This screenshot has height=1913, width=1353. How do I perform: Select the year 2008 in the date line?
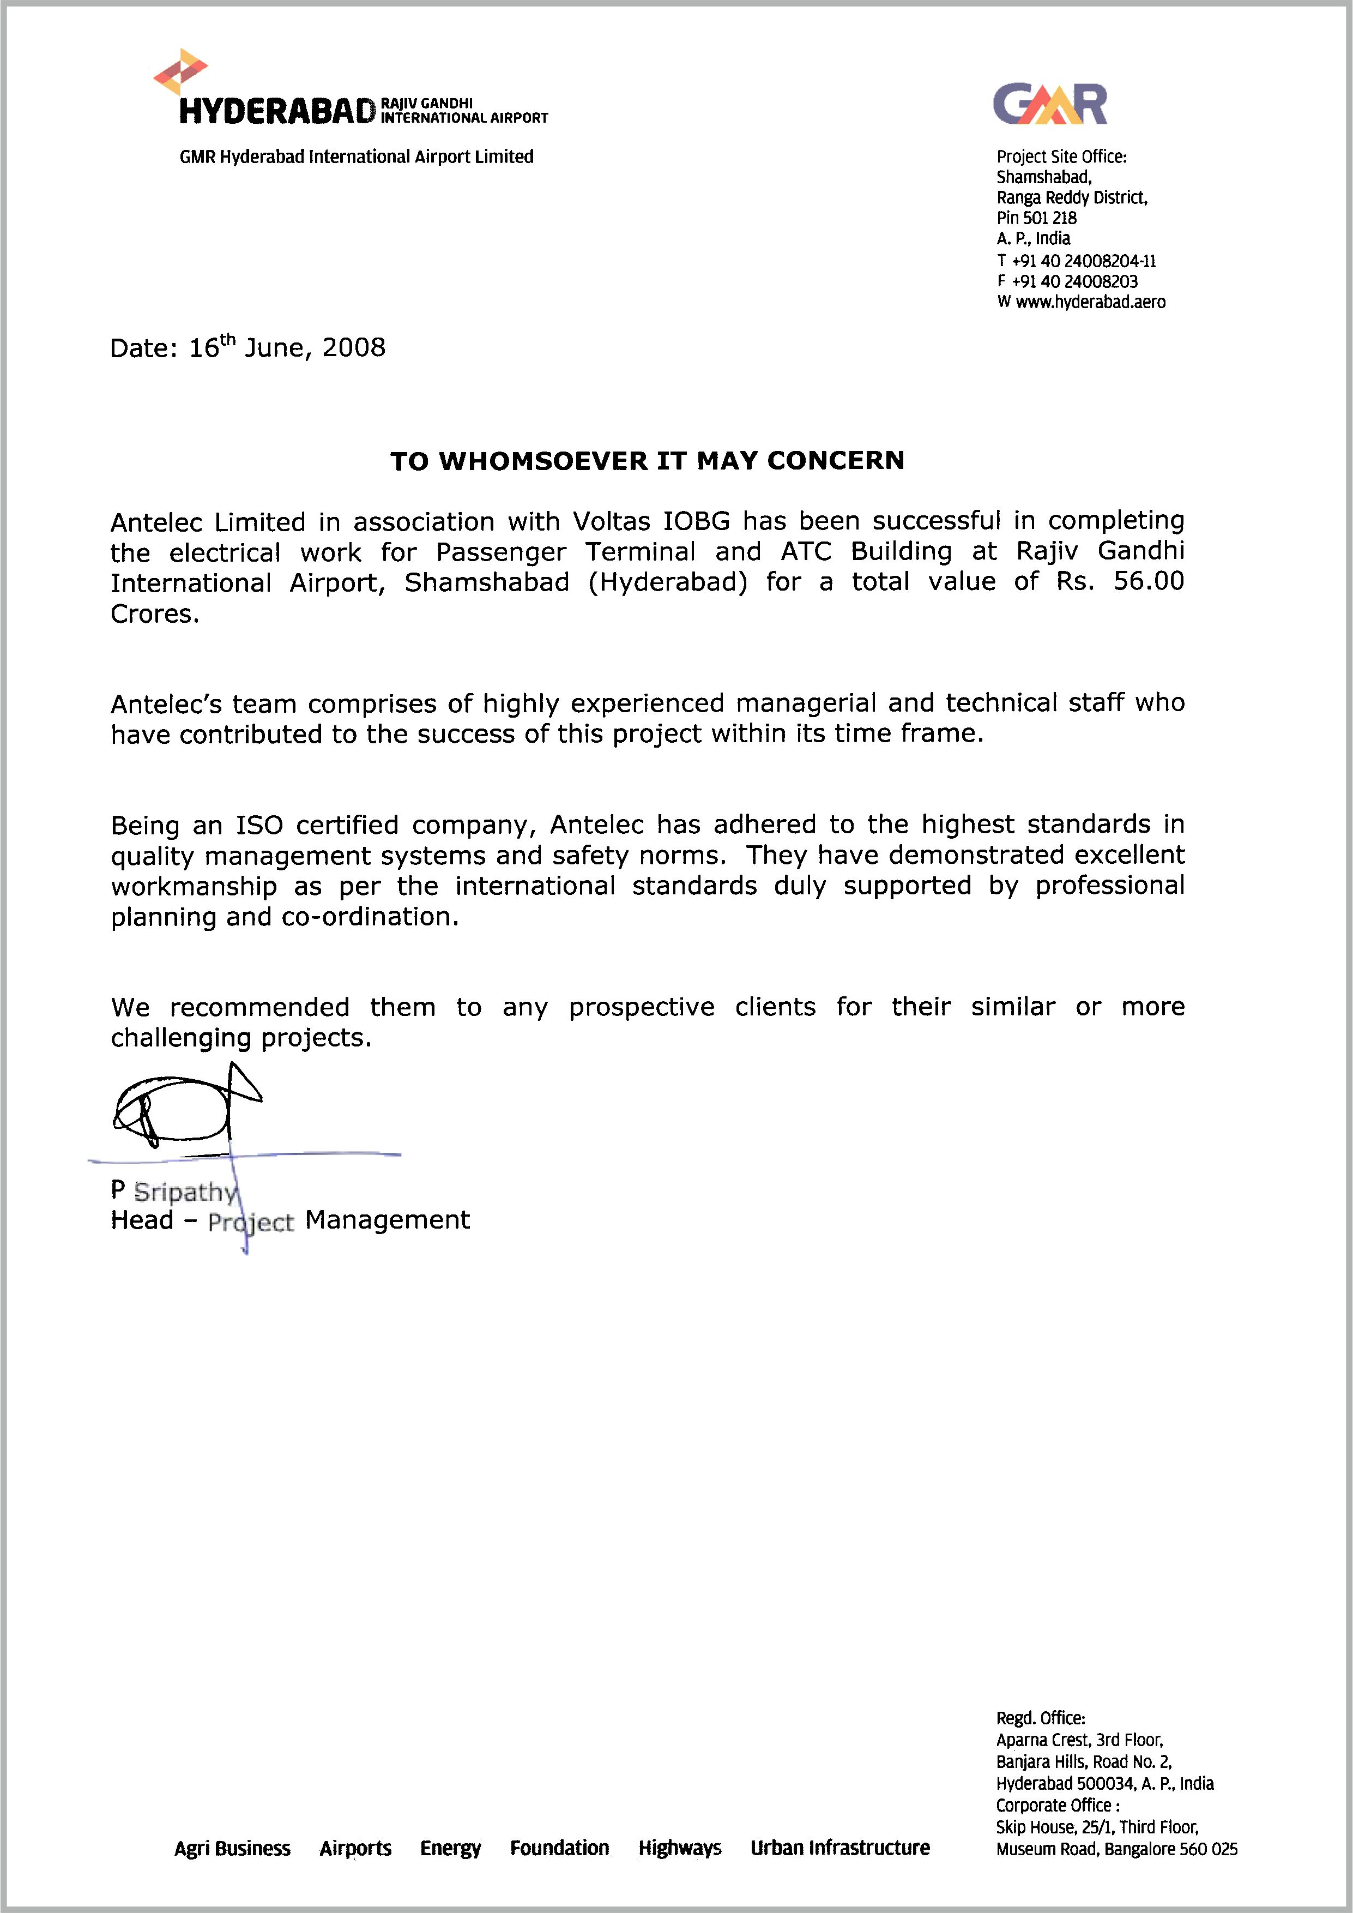click(354, 347)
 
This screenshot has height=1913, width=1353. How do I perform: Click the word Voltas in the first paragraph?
click(612, 521)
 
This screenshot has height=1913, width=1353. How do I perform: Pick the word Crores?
click(155, 614)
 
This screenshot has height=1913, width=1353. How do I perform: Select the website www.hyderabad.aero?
click(1090, 303)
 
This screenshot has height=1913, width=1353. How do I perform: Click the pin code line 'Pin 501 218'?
click(1036, 218)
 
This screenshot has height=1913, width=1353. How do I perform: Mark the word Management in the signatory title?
click(388, 1220)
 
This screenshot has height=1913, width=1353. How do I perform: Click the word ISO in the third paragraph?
click(259, 825)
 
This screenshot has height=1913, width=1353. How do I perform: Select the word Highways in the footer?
click(680, 1848)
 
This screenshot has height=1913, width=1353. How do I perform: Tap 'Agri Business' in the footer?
click(232, 1849)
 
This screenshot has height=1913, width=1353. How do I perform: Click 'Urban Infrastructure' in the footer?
click(840, 1848)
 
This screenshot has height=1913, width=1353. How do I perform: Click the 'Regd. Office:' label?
click(1041, 1718)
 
